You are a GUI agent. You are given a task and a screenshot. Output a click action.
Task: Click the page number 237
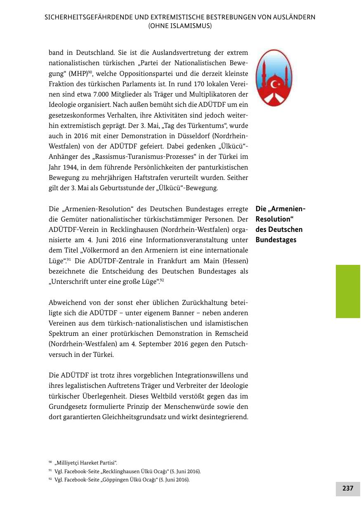(x=348, y=488)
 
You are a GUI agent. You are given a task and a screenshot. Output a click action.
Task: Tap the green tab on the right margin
(x=348, y=291)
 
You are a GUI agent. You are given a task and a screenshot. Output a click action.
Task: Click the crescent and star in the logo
(x=275, y=85)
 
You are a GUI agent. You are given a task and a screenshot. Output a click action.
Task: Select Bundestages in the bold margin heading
(x=276, y=240)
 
